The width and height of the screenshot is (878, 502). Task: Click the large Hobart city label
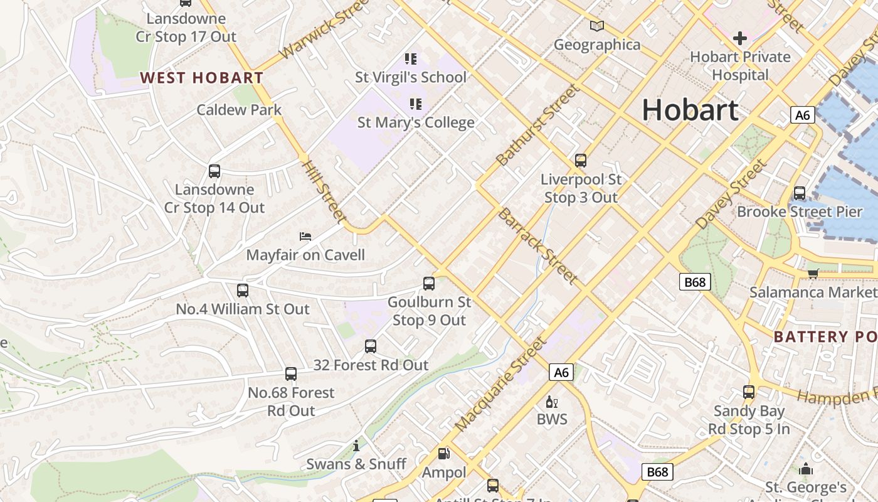[x=690, y=110]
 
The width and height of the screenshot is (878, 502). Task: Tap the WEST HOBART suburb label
[x=201, y=78]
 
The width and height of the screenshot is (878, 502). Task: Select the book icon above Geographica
[x=597, y=26]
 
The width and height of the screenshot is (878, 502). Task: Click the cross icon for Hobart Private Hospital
[x=740, y=38]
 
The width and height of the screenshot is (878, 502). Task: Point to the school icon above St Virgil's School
[x=411, y=59]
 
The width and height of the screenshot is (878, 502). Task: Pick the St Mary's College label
[x=416, y=122]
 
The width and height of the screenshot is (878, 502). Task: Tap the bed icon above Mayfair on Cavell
[x=305, y=237]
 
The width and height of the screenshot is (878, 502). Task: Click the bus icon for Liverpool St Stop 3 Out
[x=581, y=161]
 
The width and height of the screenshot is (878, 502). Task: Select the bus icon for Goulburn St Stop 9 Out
[x=429, y=284]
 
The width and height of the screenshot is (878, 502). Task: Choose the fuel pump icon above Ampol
[x=443, y=453]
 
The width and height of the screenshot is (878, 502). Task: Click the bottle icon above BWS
[x=552, y=402]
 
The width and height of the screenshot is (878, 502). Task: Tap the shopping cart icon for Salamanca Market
[x=813, y=273]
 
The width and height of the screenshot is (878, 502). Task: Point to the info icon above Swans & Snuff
[x=356, y=446]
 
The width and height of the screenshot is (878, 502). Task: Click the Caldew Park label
[x=239, y=110]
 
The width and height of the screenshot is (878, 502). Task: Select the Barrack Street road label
[x=537, y=245]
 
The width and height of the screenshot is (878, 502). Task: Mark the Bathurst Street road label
[x=537, y=125]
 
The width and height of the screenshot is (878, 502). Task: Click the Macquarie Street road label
[x=500, y=384]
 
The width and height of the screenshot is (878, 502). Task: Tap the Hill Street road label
[x=324, y=191]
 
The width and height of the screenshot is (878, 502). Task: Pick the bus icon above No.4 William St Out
[x=243, y=291]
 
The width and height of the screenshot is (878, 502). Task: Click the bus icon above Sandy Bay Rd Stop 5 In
[x=749, y=392]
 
